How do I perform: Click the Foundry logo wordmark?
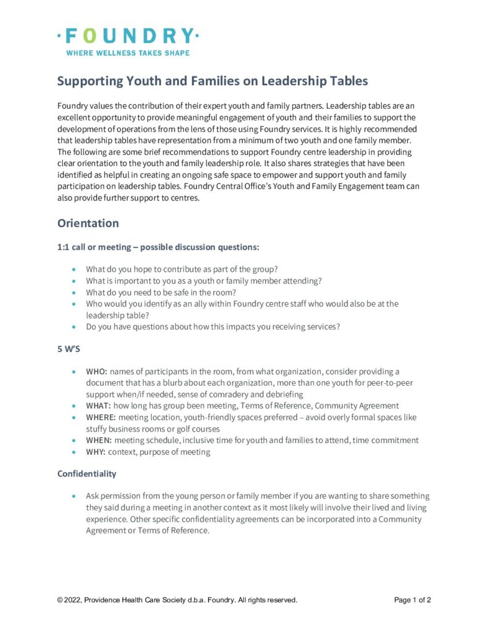pyautogui.click(x=128, y=35)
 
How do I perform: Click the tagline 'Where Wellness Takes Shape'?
pyautogui.click(x=128, y=53)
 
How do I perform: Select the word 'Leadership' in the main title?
pyautogui.click(x=294, y=81)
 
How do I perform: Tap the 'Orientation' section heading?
pyautogui.click(x=88, y=223)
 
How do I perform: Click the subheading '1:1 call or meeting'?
pyautogui.click(x=96, y=247)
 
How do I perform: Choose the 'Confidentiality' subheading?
pyautogui.click(x=87, y=473)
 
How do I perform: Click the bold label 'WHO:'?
pyautogui.click(x=97, y=372)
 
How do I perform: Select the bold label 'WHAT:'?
pyautogui.click(x=99, y=405)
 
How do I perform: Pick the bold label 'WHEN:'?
pyautogui.click(x=99, y=440)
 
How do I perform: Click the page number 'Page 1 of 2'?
pyautogui.click(x=412, y=599)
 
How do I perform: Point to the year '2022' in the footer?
pyautogui.click(x=72, y=599)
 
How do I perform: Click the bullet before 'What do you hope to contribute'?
pyautogui.click(x=75, y=270)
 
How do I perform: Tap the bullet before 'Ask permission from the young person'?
pyautogui.click(x=75, y=496)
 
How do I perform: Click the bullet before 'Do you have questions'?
pyautogui.click(x=75, y=327)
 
